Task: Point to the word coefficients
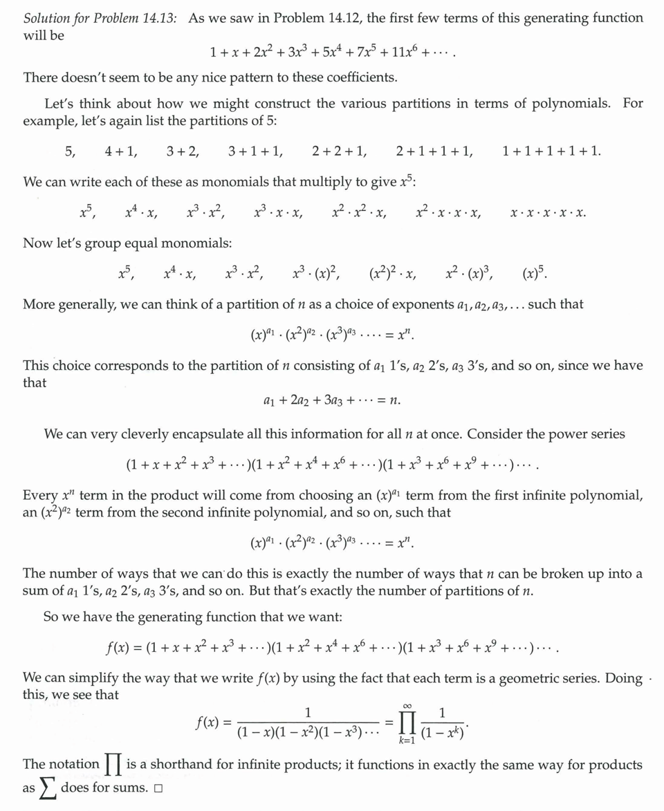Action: pyautogui.click(x=353, y=77)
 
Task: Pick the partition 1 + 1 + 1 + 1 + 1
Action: pyautogui.click(x=552, y=151)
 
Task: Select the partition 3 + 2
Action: pyautogui.click(x=183, y=151)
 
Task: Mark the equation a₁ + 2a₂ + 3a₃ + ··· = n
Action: pyautogui.click(x=332, y=400)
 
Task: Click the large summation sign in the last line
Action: pyautogui.click(x=48, y=788)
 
